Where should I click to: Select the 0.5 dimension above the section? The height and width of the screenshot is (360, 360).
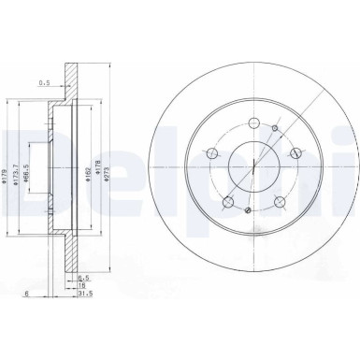[x=42, y=82]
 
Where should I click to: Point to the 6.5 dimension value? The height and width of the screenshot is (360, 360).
[x=84, y=277]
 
